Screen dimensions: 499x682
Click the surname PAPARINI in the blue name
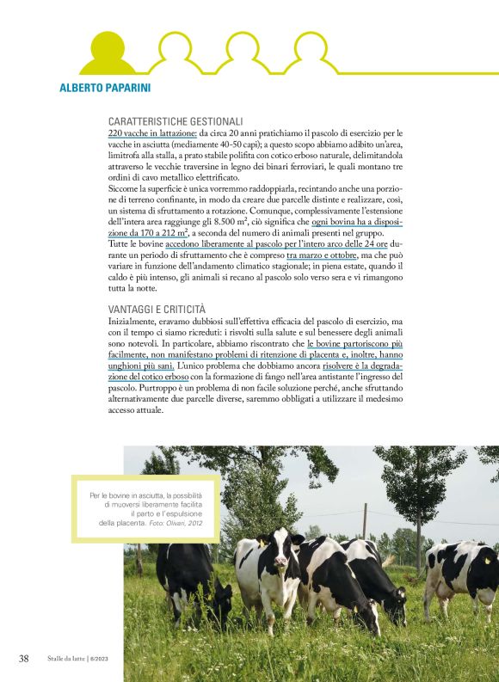tap(133, 88)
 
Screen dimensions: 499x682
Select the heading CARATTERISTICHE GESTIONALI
tap(176, 122)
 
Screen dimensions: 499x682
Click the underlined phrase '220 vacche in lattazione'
tap(152, 134)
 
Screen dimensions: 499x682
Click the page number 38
tap(25, 658)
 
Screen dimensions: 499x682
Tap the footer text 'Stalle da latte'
tap(65, 659)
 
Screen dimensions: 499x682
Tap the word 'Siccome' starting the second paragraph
tap(126, 187)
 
